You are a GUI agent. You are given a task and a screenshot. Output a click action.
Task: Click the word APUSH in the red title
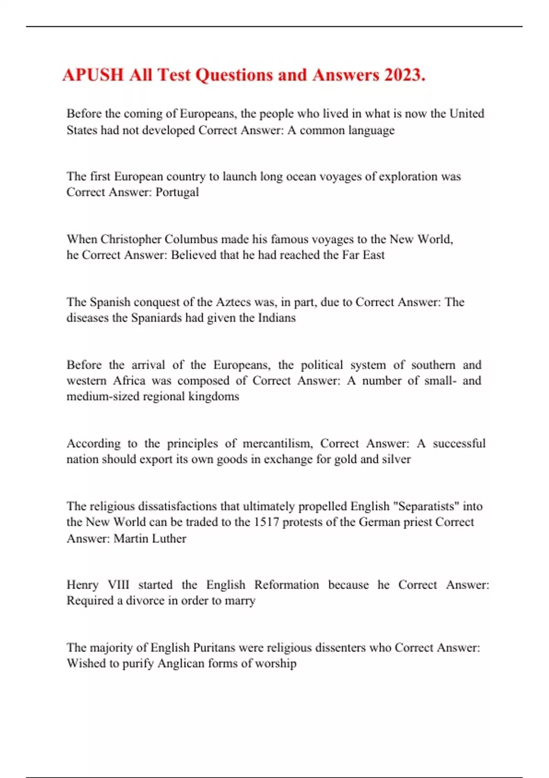pos(93,75)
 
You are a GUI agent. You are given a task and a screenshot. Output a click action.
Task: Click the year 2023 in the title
pos(405,75)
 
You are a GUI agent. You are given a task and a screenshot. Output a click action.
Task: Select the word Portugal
pos(177,192)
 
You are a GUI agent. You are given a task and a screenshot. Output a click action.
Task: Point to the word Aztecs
pos(234,302)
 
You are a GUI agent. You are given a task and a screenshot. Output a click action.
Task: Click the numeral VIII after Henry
pos(118,585)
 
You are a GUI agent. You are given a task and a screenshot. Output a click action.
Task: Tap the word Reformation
pos(286,585)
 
